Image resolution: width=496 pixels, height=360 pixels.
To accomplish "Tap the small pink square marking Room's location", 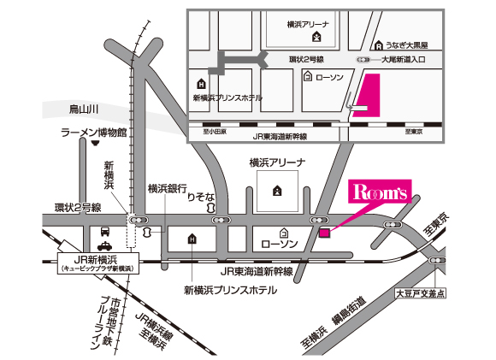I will pyautogui.click(x=324, y=231).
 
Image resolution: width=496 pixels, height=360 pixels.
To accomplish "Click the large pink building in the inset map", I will pyautogui.click(x=368, y=95).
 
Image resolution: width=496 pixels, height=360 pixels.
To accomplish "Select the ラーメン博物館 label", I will pyautogui.click(x=93, y=134).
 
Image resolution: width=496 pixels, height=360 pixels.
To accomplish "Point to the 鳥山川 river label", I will pyautogui.click(x=85, y=108).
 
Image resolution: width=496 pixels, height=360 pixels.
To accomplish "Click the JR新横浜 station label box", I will pyautogui.click(x=93, y=263).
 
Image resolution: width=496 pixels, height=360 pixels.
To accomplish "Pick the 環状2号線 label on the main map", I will pyautogui.click(x=77, y=207).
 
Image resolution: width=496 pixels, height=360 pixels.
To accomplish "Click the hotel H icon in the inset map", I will pyautogui.click(x=201, y=84).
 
